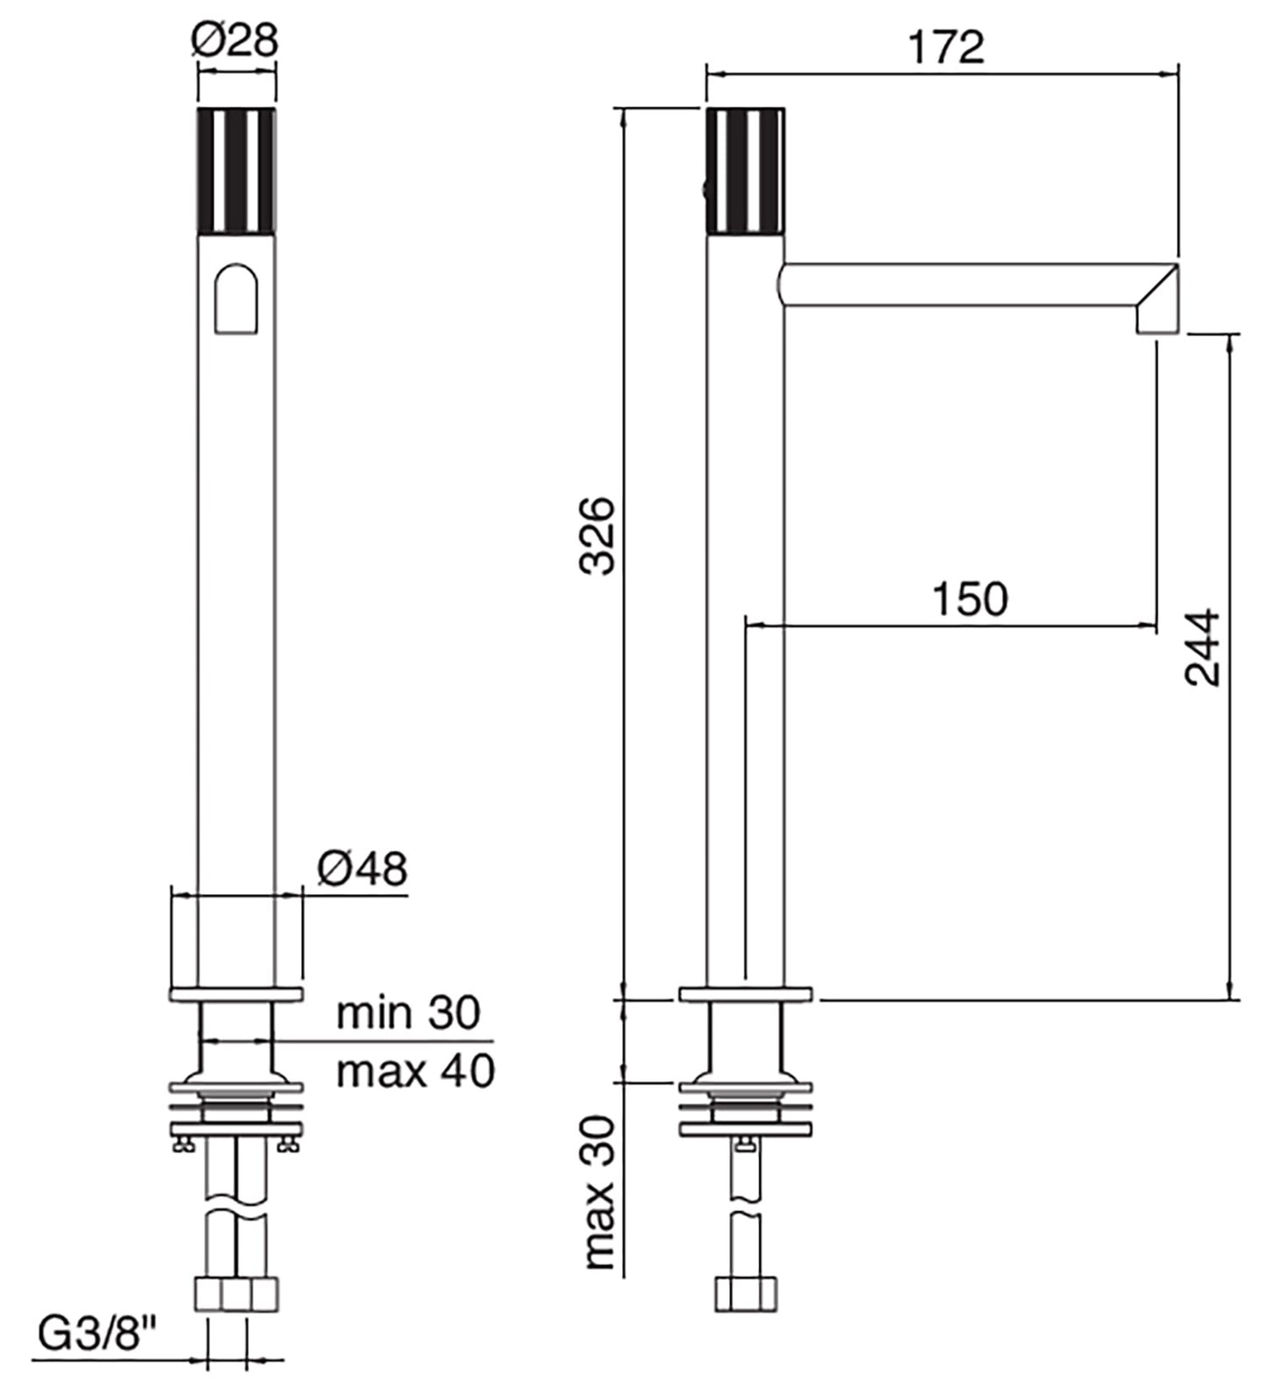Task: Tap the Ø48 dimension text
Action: point(362,869)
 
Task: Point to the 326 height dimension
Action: point(600,535)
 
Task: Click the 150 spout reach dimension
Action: point(969,599)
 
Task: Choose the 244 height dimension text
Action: point(1203,647)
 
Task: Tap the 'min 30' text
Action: point(409,1012)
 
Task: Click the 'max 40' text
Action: point(416,1070)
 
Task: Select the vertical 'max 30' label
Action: point(601,1192)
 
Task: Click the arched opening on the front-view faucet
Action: point(236,300)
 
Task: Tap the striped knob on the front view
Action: point(236,171)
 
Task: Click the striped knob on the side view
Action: point(746,171)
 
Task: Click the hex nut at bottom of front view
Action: point(235,1294)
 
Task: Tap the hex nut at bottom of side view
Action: point(746,1294)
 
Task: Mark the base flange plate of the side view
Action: point(746,994)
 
